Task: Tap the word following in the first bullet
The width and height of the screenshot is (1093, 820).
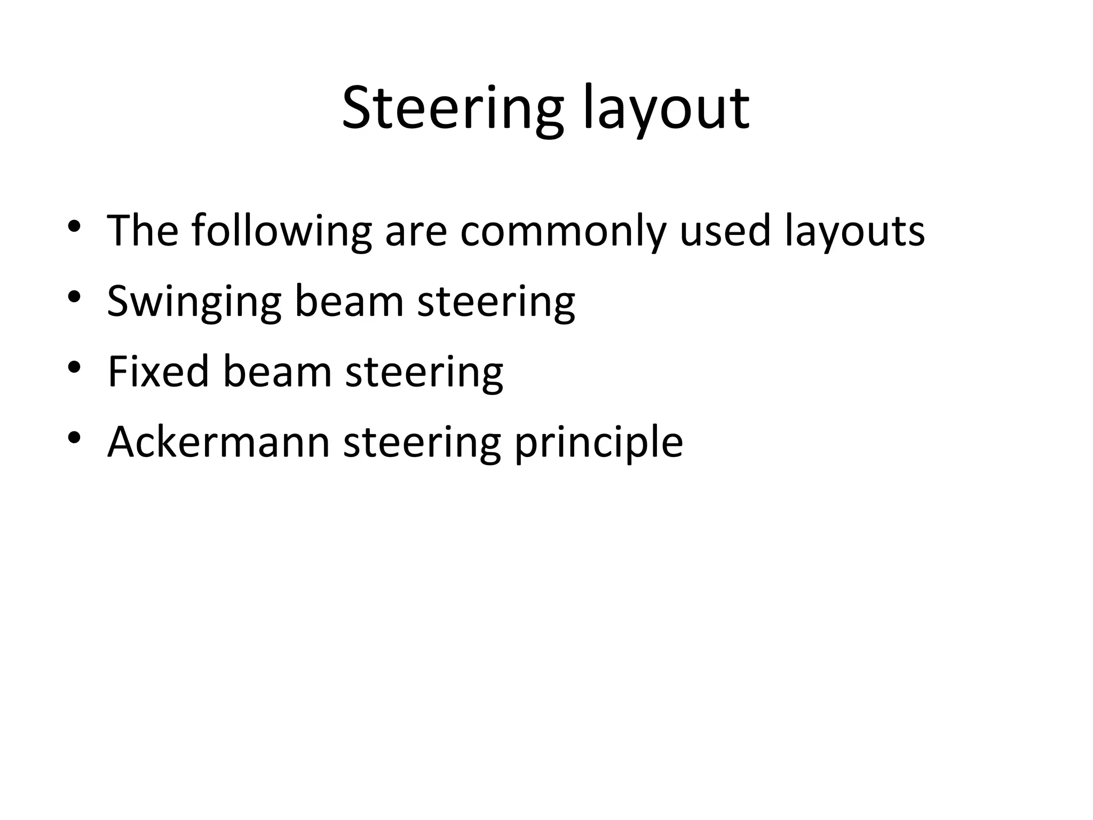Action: [x=281, y=231]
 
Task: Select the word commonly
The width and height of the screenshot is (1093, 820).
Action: [x=563, y=231]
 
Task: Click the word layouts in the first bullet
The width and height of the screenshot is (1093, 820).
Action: [x=854, y=231]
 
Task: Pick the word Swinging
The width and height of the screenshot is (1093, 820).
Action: [x=194, y=302]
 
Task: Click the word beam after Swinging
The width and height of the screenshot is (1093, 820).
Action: [x=349, y=302]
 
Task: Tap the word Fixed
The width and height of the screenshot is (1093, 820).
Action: [x=158, y=372]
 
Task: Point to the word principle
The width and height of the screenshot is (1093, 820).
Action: [x=598, y=442]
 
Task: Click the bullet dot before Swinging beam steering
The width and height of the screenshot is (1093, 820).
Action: [x=74, y=297]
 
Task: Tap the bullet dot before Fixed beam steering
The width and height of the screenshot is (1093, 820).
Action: [x=74, y=367]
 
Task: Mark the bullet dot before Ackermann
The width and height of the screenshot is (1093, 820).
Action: [x=74, y=438]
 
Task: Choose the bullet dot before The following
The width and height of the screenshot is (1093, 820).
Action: [x=74, y=226]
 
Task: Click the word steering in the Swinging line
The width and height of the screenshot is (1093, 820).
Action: [x=496, y=302]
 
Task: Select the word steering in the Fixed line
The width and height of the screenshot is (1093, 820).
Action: [x=424, y=372]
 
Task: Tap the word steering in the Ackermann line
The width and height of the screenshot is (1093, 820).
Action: [x=422, y=442]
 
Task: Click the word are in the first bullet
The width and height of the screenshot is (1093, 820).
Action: [x=416, y=231]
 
